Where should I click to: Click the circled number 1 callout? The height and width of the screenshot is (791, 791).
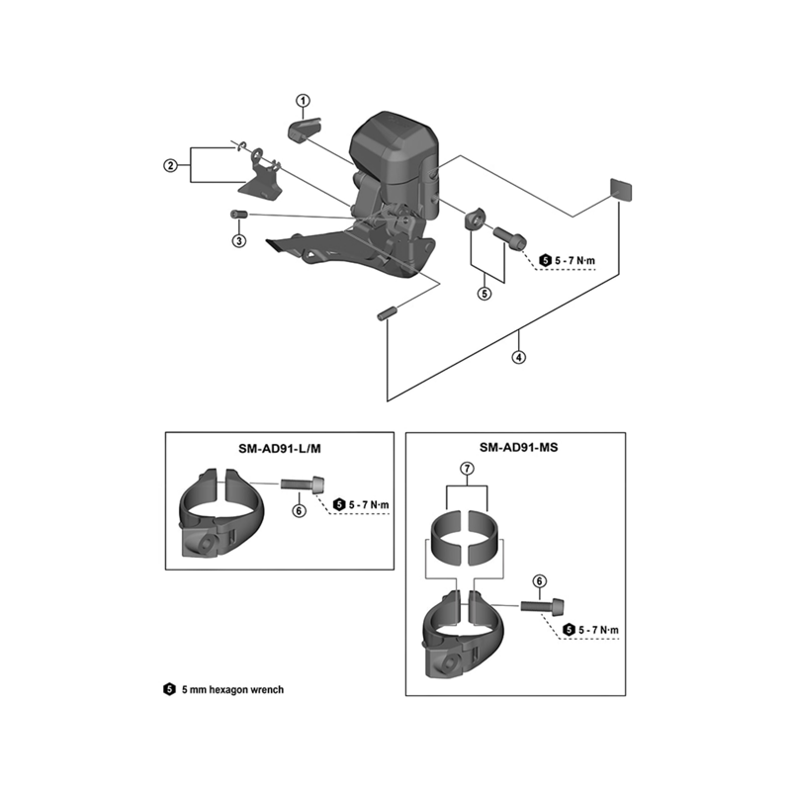(304, 101)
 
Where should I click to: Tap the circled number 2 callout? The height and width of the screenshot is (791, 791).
(170, 165)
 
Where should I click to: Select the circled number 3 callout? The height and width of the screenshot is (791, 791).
(239, 240)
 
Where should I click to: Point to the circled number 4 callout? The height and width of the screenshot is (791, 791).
(518, 357)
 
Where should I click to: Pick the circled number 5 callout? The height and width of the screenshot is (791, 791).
(484, 293)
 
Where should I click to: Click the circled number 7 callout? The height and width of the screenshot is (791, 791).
(467, 469)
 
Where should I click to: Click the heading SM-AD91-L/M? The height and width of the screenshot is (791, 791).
(280, 449)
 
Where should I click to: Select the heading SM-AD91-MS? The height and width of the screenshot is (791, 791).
(518, 448)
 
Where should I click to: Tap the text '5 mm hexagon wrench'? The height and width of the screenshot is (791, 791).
(232, 689)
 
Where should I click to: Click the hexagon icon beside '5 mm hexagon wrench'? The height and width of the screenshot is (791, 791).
(169, 689)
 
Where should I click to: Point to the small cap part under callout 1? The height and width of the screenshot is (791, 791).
(305, 130)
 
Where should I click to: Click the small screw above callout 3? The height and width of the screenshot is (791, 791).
(238, 215)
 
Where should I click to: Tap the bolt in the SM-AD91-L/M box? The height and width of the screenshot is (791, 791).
(303, 484)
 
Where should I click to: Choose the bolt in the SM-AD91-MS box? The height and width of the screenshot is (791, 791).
(543, 605)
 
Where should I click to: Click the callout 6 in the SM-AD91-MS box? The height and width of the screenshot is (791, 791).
(539, 581)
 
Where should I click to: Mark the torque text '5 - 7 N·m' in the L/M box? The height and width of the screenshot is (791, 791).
(369, 504)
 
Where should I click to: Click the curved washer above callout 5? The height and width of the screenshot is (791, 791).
(476, 219)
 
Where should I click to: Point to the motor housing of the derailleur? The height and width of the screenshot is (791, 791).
(394, 146)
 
